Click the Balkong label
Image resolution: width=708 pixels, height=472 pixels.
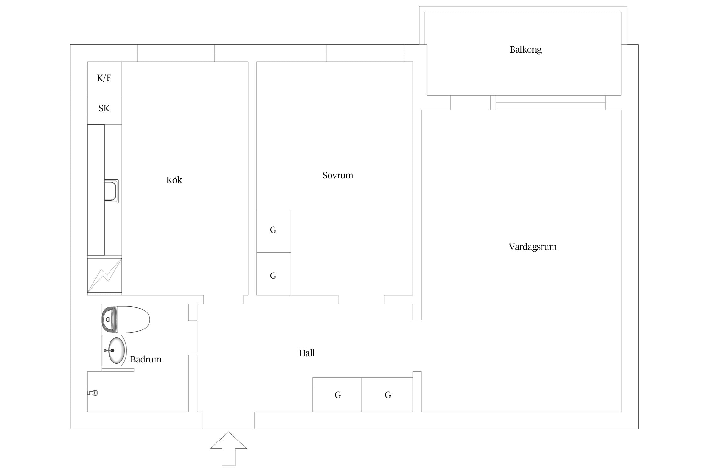coord(525,50)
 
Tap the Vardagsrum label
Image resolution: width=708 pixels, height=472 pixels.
coord(533,247)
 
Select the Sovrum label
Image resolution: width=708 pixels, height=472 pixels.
coord(338,175)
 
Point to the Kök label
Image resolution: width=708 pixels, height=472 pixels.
coord(174,180)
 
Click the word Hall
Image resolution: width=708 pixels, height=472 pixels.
coord(306,353)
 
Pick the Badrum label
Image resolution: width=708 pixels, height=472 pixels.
coord(146,359)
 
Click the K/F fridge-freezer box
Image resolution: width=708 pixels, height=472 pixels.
coord(104,79)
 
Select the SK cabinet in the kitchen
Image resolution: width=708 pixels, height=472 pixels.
coord(104,110)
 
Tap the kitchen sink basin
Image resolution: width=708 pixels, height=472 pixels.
coord(111,191)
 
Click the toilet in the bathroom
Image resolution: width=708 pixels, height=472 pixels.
coord(126,319)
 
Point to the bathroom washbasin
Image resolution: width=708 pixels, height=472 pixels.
coord(114,351)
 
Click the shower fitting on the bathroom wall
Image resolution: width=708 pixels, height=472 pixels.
coord(93,393)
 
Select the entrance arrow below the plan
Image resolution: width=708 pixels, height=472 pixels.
coord(228,449)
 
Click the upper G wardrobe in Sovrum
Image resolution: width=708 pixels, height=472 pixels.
coord(274,231)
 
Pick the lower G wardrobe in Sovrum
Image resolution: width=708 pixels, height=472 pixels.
coord(274,274)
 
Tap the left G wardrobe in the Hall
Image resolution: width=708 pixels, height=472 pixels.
coord(337,395)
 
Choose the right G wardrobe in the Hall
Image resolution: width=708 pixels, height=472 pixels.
coord(387,395)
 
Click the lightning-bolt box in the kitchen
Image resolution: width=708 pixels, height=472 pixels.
coord(104,275)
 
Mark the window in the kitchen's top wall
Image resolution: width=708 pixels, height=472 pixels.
coord(176,53)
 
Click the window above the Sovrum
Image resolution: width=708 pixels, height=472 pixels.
coord(366,53)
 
